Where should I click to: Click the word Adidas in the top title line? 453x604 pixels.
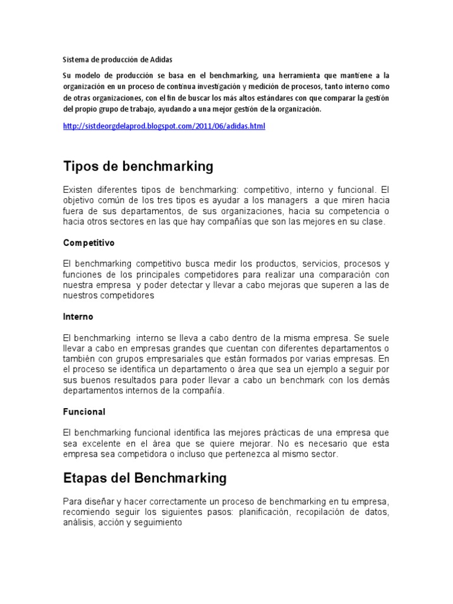click(162, 60)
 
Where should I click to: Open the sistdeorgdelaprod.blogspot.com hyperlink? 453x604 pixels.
click(164, 127)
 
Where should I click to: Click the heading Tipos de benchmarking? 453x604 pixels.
click(138, 166)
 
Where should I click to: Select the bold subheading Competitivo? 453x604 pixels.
click(89, 242)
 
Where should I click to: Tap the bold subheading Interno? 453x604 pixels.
click(78, 317)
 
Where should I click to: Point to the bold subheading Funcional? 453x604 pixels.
click(84, 411)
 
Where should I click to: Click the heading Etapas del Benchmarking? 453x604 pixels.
click(145, 477)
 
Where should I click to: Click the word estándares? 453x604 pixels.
click(280, 97)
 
